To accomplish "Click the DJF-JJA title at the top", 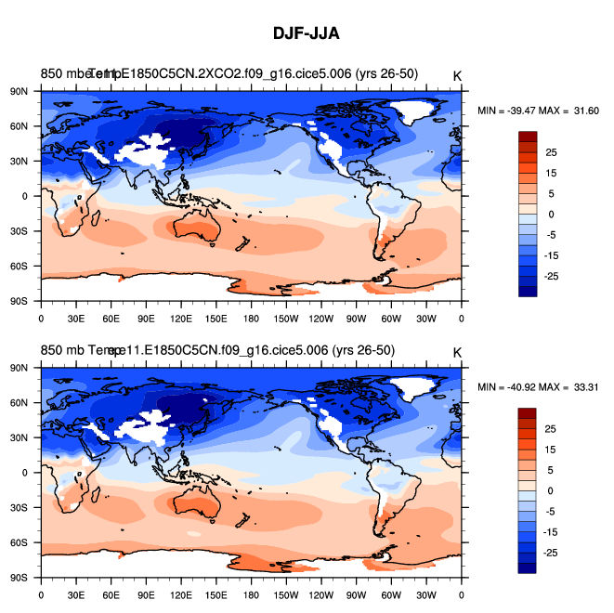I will coord(307,33).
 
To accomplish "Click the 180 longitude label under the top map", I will coord(252,318).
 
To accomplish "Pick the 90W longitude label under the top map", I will coord(357,318).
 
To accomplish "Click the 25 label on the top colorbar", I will coord(552,151).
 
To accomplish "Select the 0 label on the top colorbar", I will coord(550,214).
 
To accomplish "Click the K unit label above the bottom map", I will coord(456,352).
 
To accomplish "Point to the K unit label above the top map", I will coord(456,76).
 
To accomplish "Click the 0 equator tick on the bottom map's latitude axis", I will coord(29,472).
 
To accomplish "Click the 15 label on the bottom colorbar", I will coord(552,449).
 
